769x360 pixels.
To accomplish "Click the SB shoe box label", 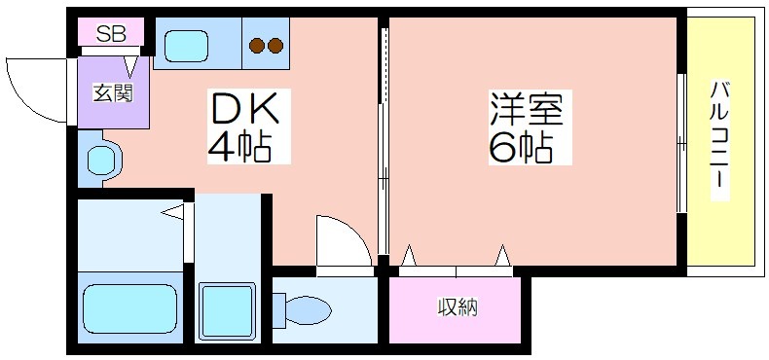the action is tap(111, 34).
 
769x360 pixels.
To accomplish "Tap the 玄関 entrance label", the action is tap(113, 92).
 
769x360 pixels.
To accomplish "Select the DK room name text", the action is tap(244, 108).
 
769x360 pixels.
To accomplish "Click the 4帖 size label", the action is tap(240, 146).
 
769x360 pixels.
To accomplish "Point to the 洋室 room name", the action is tap(526, 110).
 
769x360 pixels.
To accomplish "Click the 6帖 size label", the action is tap(521, 147).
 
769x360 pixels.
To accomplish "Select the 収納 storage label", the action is tap(458, 307).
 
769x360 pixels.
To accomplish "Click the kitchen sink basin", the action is tap(186, 46).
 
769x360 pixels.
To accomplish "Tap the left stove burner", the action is tap(257, 46).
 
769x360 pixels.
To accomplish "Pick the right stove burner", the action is tap(275, 46).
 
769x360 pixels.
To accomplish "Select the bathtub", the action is tap(130, 309).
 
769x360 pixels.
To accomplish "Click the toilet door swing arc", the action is tap(348, 234).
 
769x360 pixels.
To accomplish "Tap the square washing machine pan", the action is tap(228, 311).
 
